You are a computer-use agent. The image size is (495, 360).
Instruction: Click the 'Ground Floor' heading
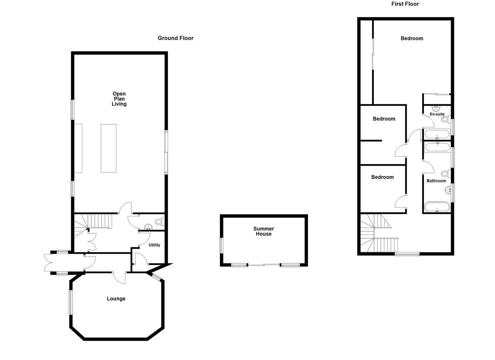[x=175, y=38]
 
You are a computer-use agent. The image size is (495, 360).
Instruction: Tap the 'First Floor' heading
[x=405, y=4]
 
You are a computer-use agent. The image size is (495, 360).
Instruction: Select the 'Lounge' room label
[x=116, y=299]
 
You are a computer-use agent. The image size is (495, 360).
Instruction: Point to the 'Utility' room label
[x=154, y=245]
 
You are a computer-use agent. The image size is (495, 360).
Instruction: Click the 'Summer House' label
[x=263, y=231]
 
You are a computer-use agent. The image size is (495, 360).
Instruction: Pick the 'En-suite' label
[x=437, y=114]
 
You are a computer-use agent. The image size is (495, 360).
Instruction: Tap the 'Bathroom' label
[x=436, y=181]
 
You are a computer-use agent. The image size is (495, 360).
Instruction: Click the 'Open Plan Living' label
[x=119, y=99]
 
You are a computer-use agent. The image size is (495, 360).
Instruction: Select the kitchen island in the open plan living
[x=109, y=148]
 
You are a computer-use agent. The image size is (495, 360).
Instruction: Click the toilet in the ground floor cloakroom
[x=159, y=221]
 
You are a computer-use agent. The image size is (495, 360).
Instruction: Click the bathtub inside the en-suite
[x=437, y=135]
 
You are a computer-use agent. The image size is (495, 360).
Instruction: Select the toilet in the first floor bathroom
[x=445, y=174]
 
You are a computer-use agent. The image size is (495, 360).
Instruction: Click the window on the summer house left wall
[x=221, y=245]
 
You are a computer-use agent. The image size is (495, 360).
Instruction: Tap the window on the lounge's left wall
[x=70, y=302]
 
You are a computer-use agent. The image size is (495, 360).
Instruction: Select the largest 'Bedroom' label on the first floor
[x=412, y=38]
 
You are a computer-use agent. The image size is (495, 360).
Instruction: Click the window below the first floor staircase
[x=407, y=254]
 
